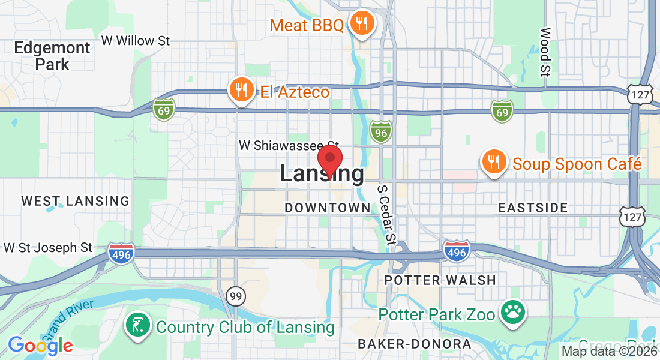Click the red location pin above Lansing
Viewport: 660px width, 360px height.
[329, 159]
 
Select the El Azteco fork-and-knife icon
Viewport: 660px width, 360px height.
[241, 91]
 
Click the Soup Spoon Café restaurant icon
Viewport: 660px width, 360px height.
[493, 163]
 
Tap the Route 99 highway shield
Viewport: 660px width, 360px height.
[235, 295]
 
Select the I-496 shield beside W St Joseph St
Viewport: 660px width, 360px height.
[121, 252]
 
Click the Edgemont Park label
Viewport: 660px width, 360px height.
[52, 56]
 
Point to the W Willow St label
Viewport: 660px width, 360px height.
[136, 41]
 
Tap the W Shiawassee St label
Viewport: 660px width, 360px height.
[289, 146]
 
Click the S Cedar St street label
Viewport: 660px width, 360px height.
[387, 214]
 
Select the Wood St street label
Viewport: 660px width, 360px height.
[545, 52]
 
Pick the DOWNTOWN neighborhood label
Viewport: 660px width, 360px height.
[327, 208]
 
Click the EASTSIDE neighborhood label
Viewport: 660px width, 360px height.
[533, 208]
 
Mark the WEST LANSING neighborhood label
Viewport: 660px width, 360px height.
[75, 202]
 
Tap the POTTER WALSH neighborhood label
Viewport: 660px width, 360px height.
[440, 280]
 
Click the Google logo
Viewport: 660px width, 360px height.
[40, 345]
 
